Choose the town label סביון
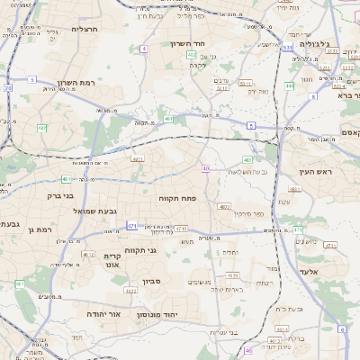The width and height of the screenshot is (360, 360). (151, 282)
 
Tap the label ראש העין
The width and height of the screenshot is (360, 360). (319, 171)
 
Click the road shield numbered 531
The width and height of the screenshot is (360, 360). (286, 47)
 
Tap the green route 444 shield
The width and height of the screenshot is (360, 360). (290, 86)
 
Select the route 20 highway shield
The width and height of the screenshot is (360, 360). (8, 88)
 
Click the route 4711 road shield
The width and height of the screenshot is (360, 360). (181, 229)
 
